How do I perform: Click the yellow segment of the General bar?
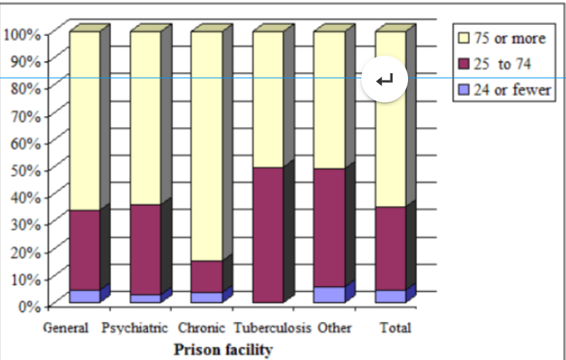(85, 121)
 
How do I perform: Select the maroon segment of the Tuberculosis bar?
(268, 235)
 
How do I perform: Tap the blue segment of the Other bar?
(329, 294)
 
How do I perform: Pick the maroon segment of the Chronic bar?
(205, 276)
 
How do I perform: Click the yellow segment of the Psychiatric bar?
(146, 118)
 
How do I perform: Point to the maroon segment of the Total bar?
(390, 248)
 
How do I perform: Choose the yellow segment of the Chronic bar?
(205, 146)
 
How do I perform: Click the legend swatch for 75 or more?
(462, 38)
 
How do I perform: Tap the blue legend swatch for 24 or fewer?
(462, 90)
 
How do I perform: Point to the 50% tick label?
(25, 169)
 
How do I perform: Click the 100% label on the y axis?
(22, 34)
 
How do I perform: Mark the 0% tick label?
(29, 305)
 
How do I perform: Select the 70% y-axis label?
(25, 115)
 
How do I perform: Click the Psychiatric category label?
(135, 328)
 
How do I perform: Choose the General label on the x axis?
(66, 328)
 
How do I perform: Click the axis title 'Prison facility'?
(222, 349)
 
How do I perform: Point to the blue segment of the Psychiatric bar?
(146, 298)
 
